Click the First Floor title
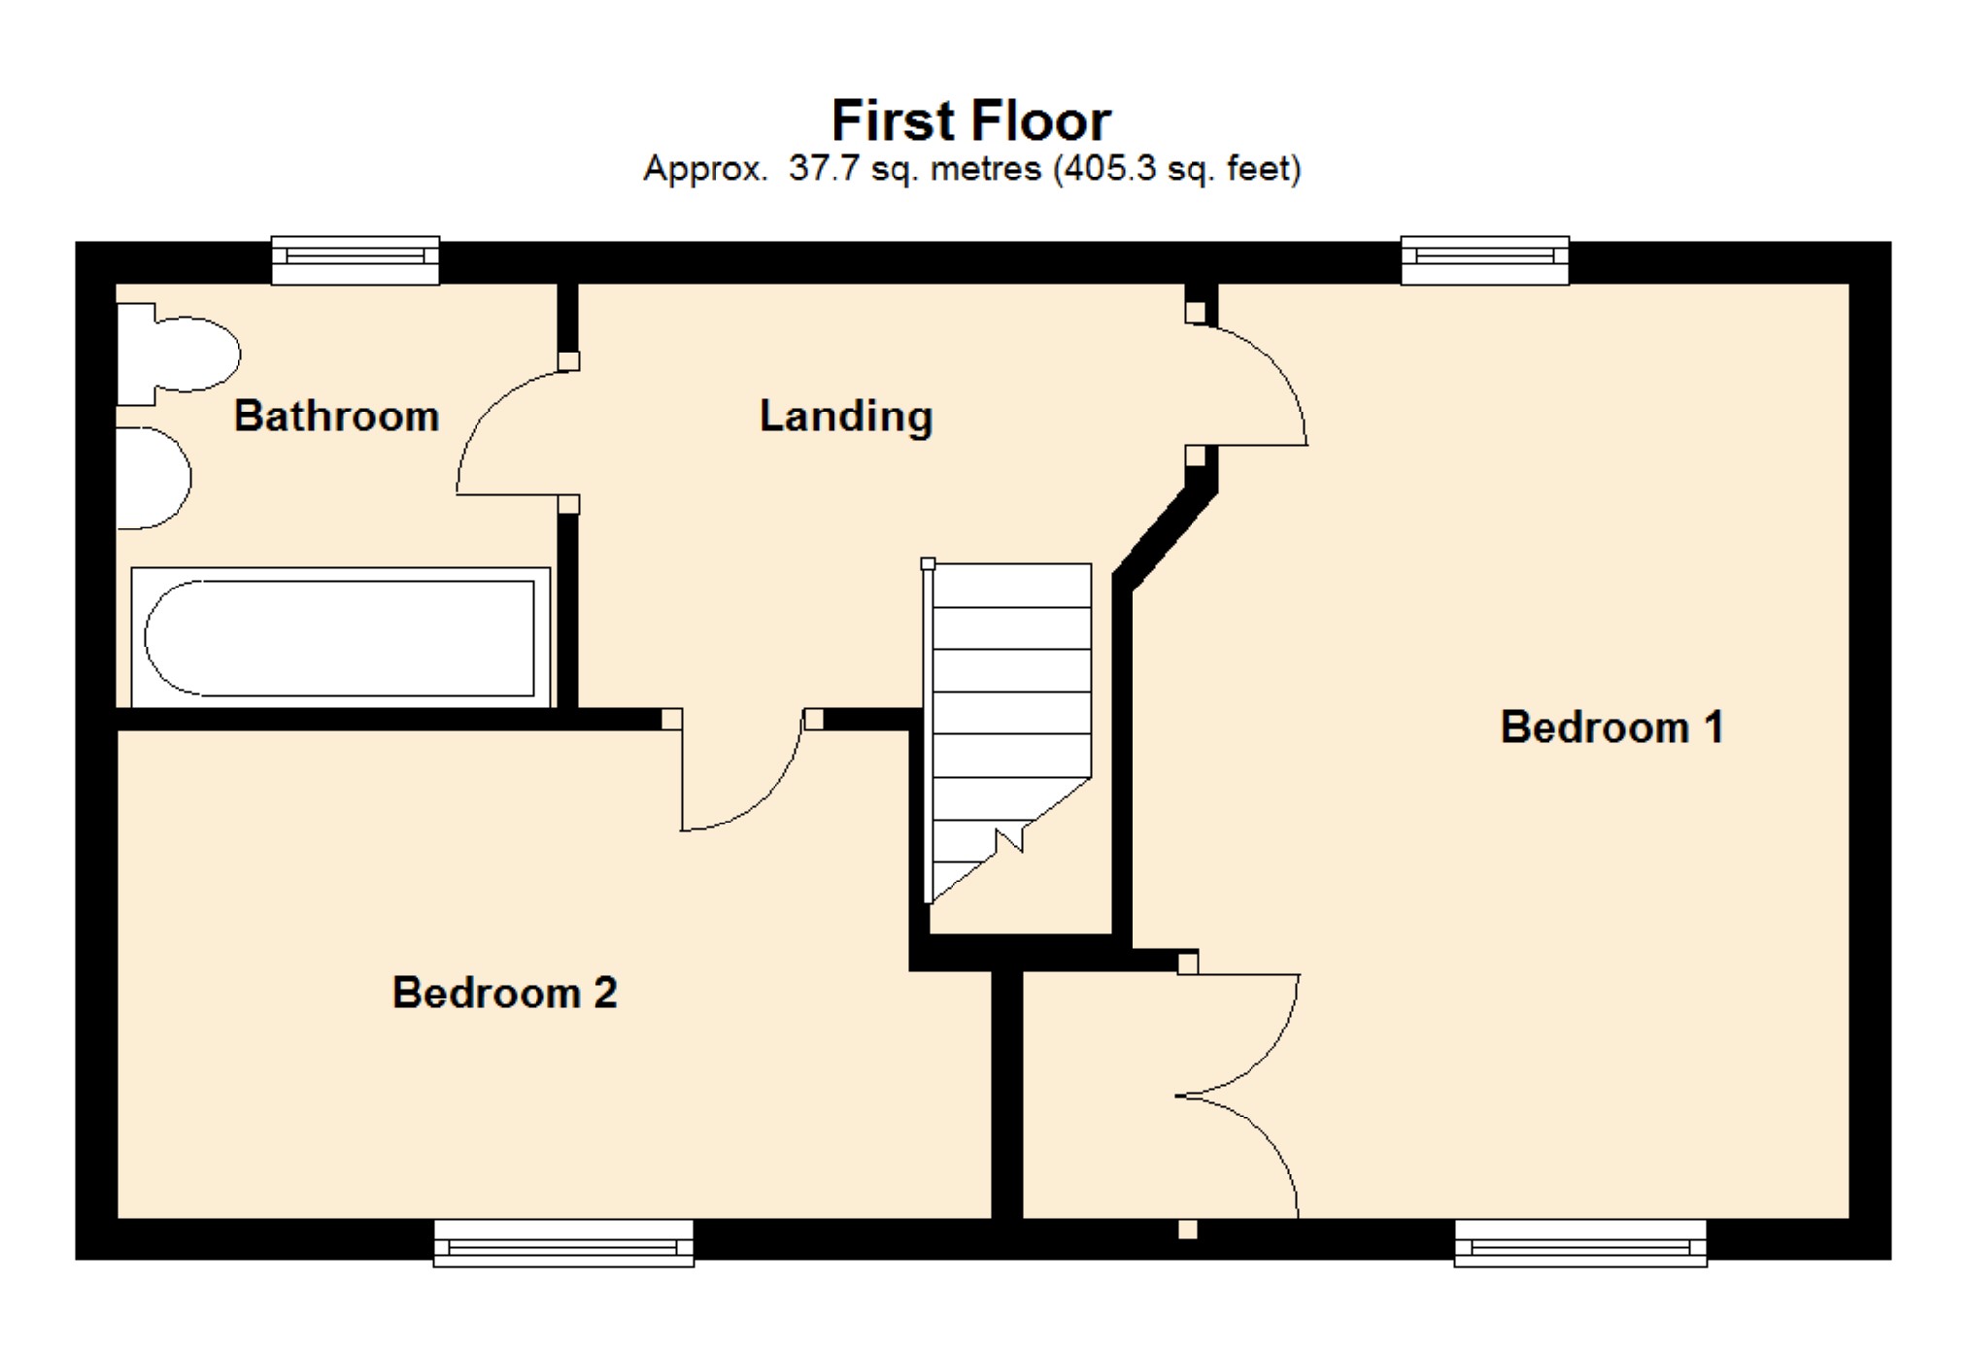(970, 121)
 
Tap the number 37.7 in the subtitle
(824, 169)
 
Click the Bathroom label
(336, 417)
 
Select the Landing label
(845, 417)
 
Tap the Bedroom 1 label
(1611, 727)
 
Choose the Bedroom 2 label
(504, 993)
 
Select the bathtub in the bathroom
(340, 638)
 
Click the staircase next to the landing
(1010, 719)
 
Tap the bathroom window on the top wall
(356, 259)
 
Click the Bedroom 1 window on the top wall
(1484, 259)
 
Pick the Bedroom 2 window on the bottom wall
(563, 1244)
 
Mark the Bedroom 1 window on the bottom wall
(1580, 1244)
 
